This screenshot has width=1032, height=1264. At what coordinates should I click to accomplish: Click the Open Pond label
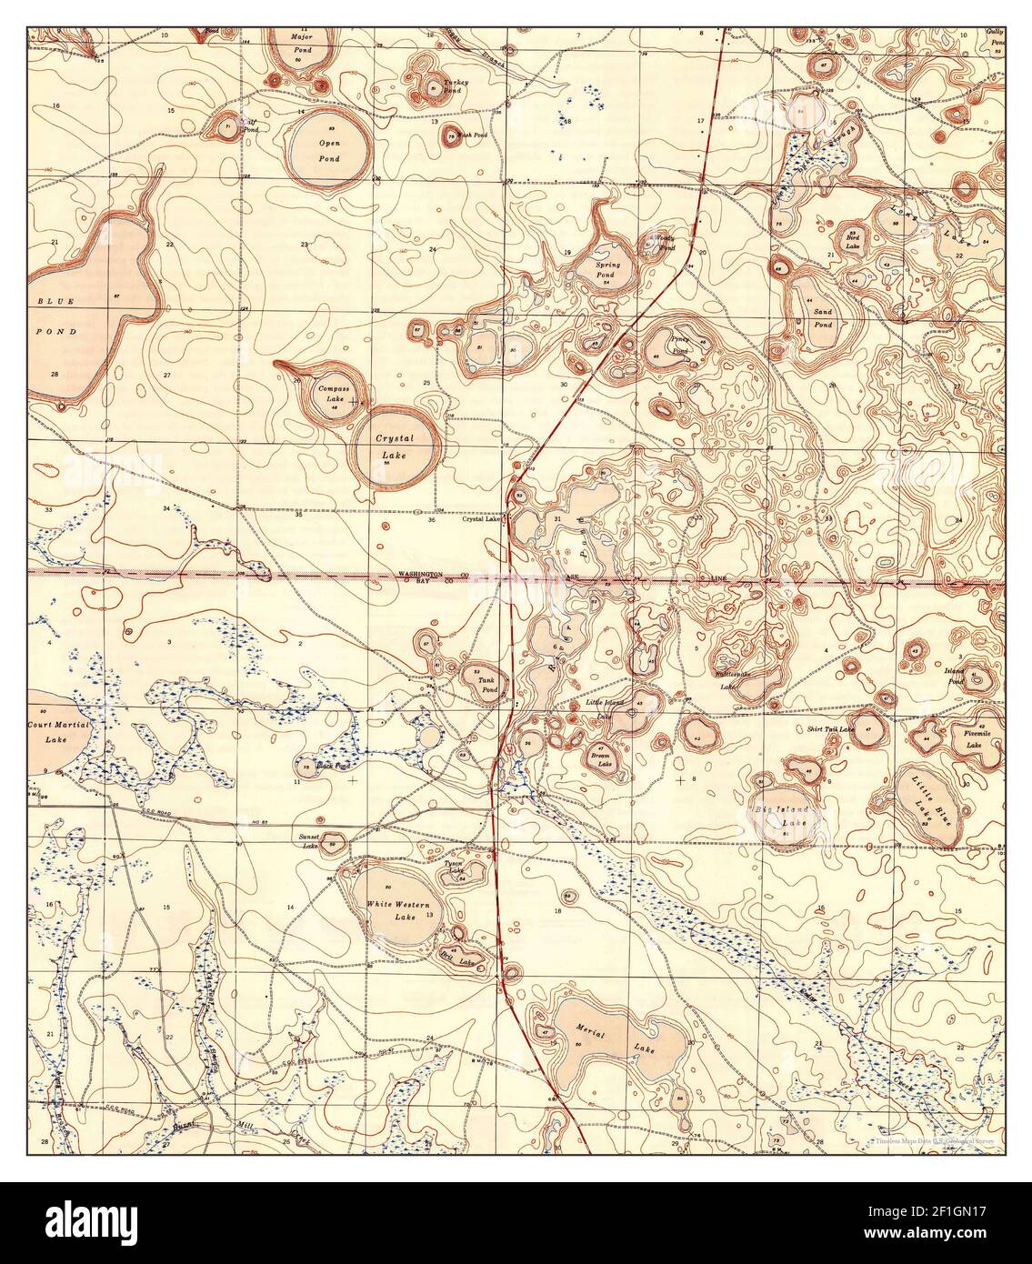pyautogui.click(x=328, y=151)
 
